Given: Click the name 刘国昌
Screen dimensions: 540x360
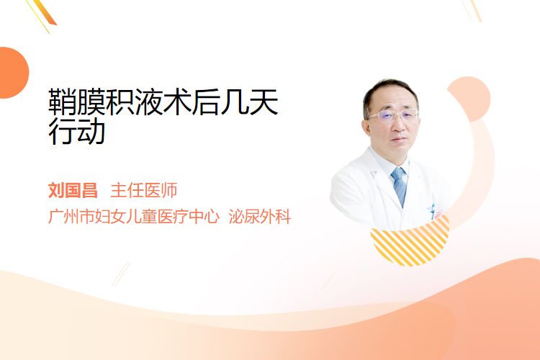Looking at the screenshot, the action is (73, 190).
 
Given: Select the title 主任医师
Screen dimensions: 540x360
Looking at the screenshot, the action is (144, 190).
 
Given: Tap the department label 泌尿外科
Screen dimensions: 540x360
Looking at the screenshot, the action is (260, 216).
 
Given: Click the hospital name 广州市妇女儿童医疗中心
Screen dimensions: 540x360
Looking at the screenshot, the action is (134, 216).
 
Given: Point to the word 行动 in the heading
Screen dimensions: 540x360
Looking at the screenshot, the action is (76, 131).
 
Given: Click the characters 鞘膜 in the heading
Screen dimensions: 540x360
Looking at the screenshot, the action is (76, 102).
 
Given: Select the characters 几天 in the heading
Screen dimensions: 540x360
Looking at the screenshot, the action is (249, 102).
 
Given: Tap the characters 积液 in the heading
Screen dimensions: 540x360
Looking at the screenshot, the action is (134, 102).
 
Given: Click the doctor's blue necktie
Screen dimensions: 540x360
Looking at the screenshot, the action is (399, 186).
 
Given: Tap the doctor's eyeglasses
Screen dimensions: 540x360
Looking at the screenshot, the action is (393, 116).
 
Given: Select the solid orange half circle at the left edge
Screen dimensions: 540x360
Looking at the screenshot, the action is (13, 73).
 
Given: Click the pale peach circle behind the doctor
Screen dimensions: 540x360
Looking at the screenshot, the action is (469, 99).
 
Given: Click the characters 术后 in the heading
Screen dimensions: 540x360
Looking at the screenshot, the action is (192, 102).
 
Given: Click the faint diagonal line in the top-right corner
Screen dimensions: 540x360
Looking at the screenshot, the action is (471, 10).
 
